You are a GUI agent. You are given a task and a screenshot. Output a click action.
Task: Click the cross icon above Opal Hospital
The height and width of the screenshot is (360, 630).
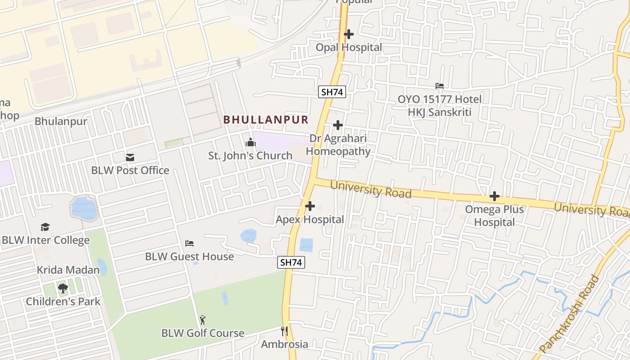click(348, 34)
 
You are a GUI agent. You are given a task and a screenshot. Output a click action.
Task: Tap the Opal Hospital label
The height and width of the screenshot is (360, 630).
click(348, 47)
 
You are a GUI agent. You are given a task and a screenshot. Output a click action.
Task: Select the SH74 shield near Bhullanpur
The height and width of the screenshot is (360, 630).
click(332, 92)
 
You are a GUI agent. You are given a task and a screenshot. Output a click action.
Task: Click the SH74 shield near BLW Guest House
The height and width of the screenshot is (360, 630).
click(291, 262)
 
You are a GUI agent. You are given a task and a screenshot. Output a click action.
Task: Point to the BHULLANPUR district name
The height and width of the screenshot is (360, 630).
click(266, 120)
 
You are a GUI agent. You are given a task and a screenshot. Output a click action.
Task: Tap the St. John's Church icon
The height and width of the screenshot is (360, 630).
click(250, 143)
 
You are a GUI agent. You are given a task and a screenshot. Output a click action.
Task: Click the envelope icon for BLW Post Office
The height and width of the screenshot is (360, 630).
click(130, 157)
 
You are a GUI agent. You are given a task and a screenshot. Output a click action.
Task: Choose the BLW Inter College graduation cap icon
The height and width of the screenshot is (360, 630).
click(45, 227)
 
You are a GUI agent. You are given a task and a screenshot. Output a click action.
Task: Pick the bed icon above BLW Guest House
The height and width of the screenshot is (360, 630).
click(189, 243)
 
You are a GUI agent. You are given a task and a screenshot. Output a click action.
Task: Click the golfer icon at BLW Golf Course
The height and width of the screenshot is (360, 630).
click(202, 320)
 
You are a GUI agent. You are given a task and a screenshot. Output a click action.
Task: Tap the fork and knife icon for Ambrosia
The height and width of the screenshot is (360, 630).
click(284, 332)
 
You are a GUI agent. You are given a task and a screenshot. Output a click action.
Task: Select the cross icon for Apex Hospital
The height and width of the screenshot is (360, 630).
click(310, 207)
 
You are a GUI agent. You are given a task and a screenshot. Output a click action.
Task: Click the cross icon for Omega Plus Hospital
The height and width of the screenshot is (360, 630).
click(495, 196)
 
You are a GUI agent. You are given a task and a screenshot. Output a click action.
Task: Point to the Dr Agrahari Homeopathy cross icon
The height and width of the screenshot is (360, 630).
click(337, 125)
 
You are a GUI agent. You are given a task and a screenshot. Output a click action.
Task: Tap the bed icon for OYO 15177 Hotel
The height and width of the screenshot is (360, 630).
click(440, 86)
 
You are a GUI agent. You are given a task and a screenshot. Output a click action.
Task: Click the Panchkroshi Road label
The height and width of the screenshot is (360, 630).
click(569, 314)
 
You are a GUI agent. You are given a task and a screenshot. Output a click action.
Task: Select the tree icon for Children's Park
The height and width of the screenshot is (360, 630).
click(63, 288)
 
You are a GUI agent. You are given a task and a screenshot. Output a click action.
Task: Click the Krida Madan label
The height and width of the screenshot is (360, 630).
click(68, 270)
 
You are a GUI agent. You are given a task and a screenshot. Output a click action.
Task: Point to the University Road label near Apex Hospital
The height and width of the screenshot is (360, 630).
click(371, 189)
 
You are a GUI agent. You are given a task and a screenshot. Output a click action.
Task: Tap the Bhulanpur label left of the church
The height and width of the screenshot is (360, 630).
click(61, 121)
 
